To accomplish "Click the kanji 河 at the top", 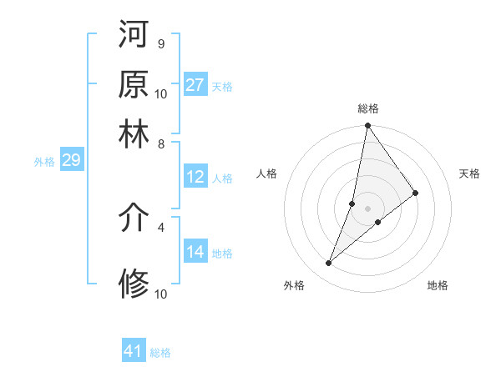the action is (134, 36).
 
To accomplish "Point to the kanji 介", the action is (134, 219).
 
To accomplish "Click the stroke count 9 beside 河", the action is (160, 43).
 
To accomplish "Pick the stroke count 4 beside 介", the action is (160, 226).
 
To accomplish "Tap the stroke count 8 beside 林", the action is (160, 143).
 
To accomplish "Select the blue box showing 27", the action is (195, 85).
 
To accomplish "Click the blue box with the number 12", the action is (195, 177).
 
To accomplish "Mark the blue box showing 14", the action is (195, 252).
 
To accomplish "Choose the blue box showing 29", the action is (71, 161).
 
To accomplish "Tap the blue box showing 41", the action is (134, 351).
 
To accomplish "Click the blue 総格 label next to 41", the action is (160, 353).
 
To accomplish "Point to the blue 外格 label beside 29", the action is (44, 162).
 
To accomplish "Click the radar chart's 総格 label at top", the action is (368, 108).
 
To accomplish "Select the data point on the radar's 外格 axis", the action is (329, 264).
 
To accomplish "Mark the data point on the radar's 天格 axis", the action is (416, 193).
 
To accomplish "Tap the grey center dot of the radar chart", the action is (368, 208).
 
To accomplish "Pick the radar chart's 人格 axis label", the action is (267, 173).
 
